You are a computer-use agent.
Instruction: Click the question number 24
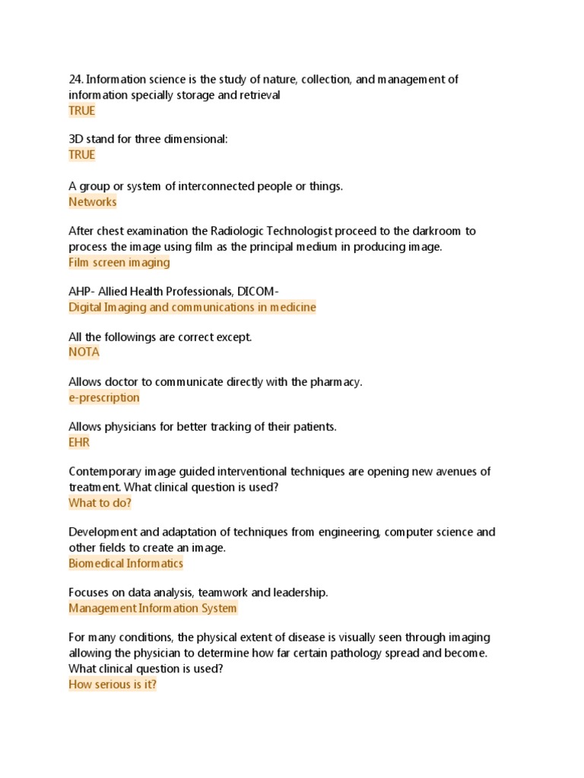click(75, 80)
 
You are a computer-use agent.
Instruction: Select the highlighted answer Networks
click(93, 202)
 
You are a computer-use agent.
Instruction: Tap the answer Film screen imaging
click(119, 263)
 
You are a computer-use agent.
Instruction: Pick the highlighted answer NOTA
click(84, 353)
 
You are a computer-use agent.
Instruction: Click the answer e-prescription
click(104, 397)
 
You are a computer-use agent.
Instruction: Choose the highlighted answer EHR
click(79, 442)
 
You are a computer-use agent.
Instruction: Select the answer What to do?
click(100, 503)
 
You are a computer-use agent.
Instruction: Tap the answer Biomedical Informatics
click(125, 564)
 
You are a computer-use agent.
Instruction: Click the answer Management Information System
click(153, 609)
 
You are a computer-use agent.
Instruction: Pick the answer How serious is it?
click(113, 685)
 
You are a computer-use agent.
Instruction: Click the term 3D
click(76, 140)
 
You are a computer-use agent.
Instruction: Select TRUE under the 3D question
click(82, 155)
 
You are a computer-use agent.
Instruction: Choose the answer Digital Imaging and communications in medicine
click(192, 308)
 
